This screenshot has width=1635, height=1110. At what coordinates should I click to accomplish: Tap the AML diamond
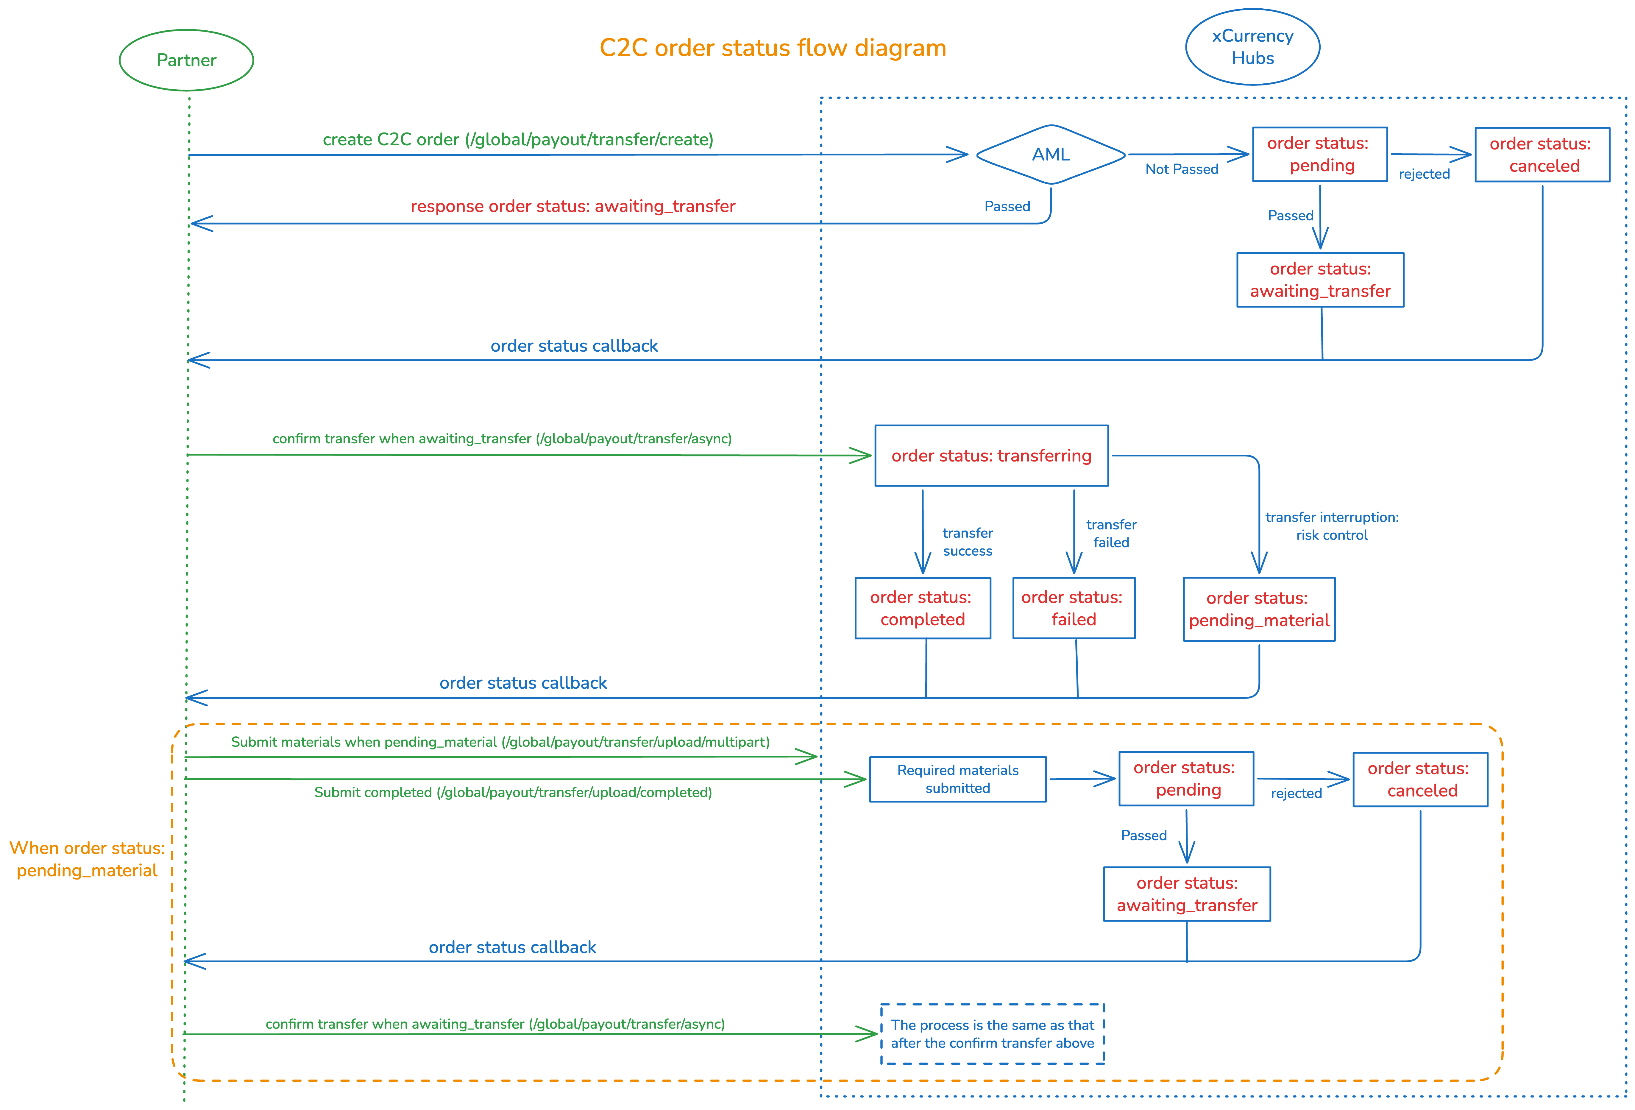coord(1050,155)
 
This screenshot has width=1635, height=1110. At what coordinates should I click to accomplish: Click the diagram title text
coord(773,48)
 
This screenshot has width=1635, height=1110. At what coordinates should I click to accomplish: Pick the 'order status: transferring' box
coord(991,456)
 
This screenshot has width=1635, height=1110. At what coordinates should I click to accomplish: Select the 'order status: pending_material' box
coord(1259,609)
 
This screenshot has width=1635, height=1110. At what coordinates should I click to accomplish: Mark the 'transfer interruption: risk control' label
coord(1332,526)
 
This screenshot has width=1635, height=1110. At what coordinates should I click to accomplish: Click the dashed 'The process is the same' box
coord(992,1034)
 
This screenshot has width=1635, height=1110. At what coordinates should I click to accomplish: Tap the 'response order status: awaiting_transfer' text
coord(573,206)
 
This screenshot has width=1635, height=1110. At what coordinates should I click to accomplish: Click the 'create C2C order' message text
coord(518,139)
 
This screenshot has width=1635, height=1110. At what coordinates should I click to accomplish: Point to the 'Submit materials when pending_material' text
coord(500,742)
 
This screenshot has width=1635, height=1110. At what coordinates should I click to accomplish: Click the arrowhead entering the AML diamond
coord(958,155)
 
